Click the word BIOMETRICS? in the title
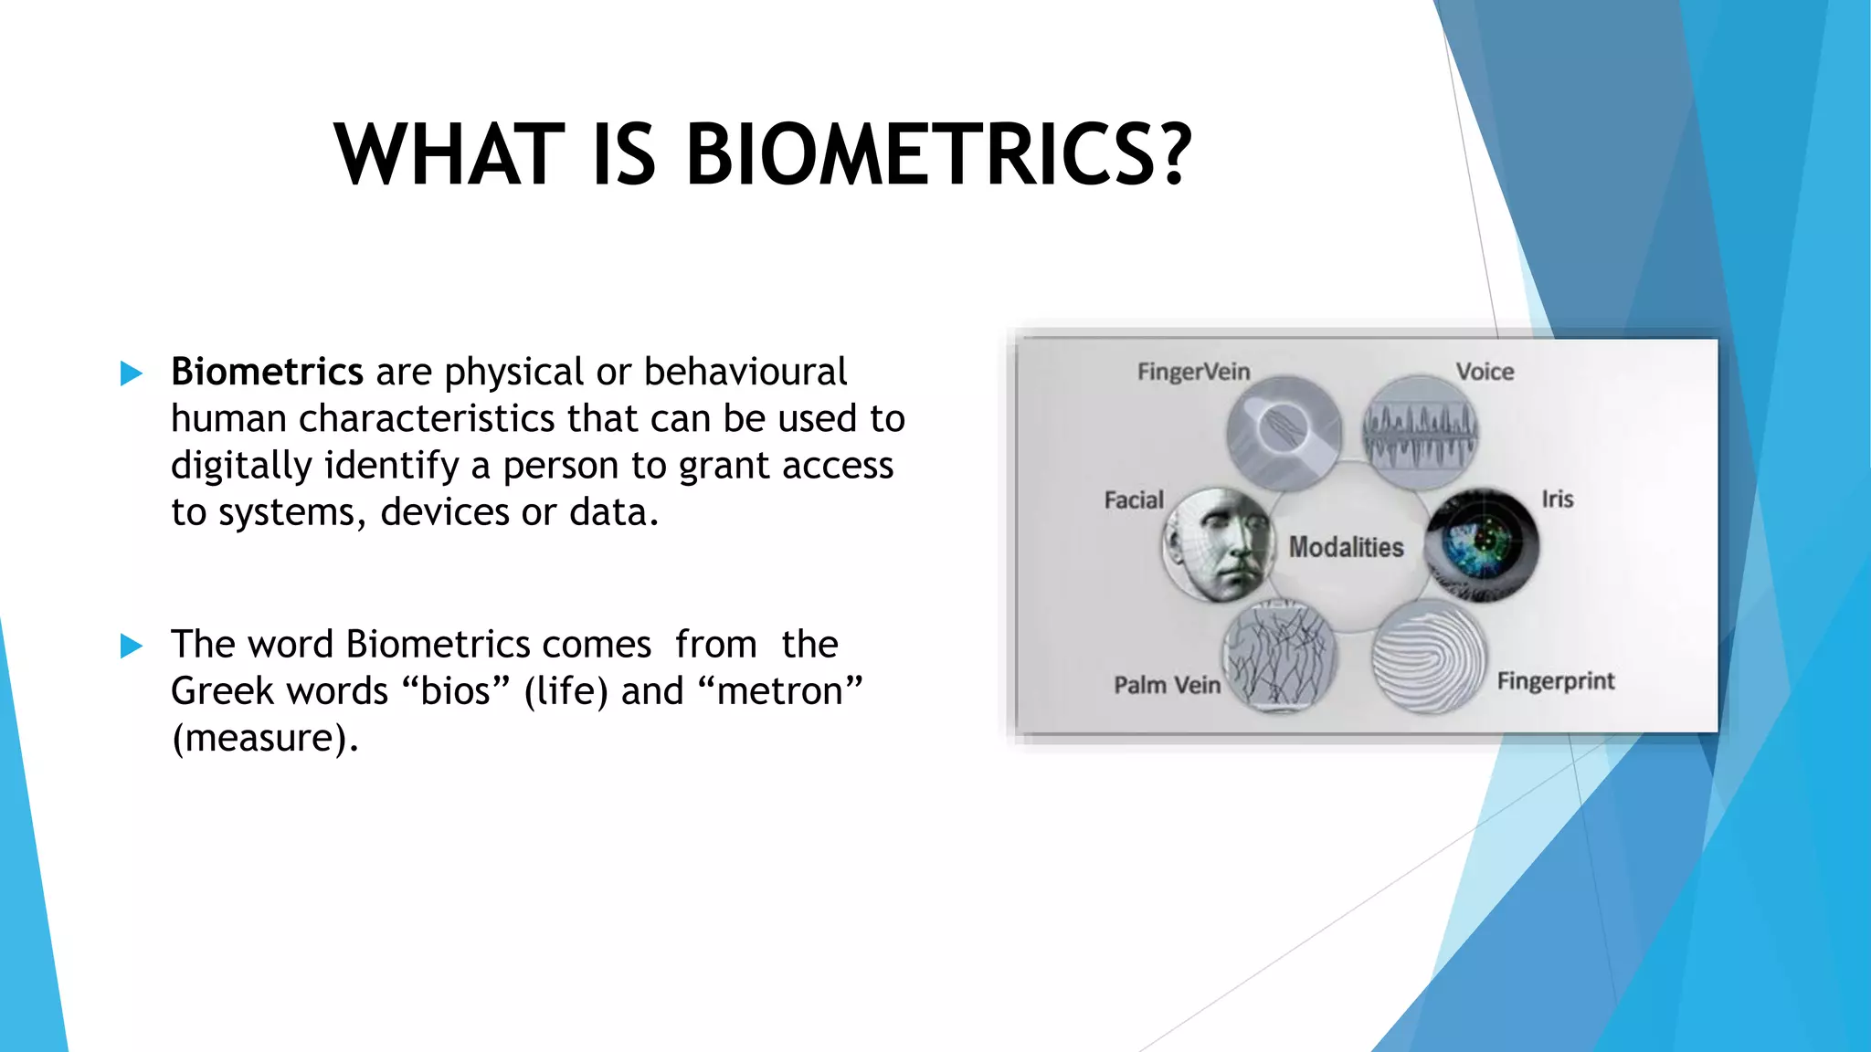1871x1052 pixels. point(938,155)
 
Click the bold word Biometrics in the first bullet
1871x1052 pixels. point(267,372)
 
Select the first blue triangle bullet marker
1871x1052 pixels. point(132,373)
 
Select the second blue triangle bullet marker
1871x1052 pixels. point(132,647)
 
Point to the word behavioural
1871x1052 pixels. point(745,372)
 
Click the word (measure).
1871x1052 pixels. point(265,738)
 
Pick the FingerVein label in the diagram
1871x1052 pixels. point(1193,372)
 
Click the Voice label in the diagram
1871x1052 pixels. point(1485,372)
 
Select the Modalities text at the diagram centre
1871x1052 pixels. point(1346,547)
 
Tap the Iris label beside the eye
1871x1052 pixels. point(1558,500)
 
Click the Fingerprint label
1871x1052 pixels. point(1556,681)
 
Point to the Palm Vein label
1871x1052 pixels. point(1167,685)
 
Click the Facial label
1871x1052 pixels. point(1134,500)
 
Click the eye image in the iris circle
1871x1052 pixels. point(1482,545)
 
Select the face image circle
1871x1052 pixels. point(1218,545)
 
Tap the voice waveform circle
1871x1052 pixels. point(1420,432)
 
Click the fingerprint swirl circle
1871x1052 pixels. point(1429,658)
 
